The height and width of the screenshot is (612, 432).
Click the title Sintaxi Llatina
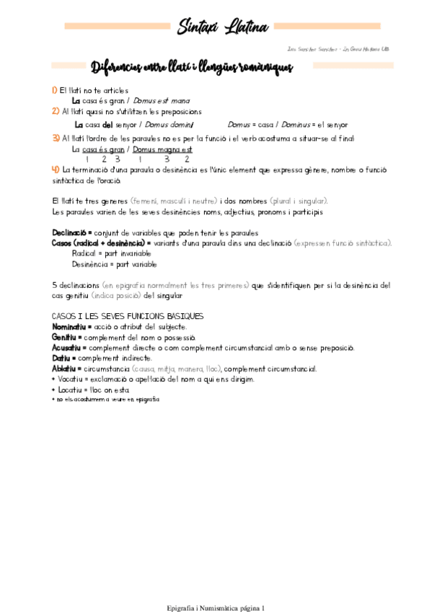[x=224, y=27]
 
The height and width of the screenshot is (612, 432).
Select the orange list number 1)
[x=55, y=91]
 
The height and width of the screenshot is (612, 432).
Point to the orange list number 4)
[x=56, y=169]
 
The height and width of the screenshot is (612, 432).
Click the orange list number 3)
[x=56, y=138]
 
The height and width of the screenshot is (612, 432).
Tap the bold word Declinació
[x=69, y=233]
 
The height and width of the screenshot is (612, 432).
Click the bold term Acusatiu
[x=67, y=347]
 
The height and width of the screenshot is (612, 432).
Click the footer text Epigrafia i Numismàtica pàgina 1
[x=215, y=588]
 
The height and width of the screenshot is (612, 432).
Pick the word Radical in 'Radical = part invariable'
[x=84, y=254]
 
